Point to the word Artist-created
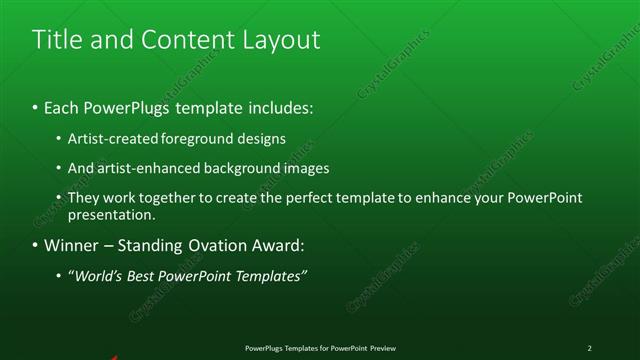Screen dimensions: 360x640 [108, 138]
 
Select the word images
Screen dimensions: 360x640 [302, 168]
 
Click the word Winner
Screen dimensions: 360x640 [71, 245]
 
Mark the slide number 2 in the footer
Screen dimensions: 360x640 [589, 348]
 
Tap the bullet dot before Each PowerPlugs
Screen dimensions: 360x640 [35, 105]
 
